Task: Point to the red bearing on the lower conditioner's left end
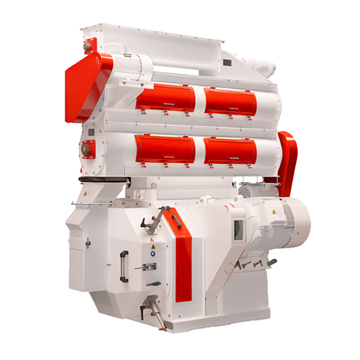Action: (x=86, y=149)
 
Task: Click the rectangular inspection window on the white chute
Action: (x=237, y=229)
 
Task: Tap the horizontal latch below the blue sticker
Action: (x=147, y=266)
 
